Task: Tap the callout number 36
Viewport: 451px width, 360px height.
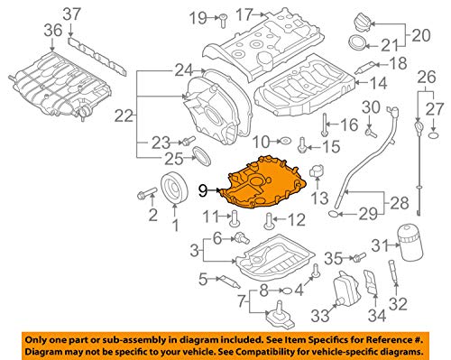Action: [x=53, y=31]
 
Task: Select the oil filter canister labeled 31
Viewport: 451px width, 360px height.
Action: [x=410, y=245]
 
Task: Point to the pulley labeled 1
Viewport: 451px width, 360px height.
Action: [x=175, y=188]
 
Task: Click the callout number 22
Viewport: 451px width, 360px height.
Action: [x=124, y=115]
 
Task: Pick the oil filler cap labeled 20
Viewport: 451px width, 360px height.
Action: [x=363, y=22]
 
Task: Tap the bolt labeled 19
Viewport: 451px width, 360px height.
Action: [x=223, y=21]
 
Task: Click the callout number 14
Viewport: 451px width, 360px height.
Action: [x=378, y=83]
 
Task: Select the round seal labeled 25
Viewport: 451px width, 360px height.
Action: [x=202, y=156]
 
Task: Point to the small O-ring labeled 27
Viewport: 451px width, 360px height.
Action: [x=433, y=135]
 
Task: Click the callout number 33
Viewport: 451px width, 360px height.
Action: [x=320, y=316]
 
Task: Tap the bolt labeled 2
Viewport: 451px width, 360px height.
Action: [x=147, y=193]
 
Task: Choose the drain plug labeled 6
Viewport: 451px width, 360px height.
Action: [x=242, y=237]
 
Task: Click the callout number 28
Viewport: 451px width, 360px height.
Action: [x=400, y=203]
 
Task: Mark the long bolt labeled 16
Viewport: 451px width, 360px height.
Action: [x=324, y=125]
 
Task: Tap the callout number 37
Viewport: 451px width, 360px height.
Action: [x=72, y=14]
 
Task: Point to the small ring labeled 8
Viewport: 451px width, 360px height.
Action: [x=287, y=291]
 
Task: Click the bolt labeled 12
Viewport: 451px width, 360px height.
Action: [x=268, y=221]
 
